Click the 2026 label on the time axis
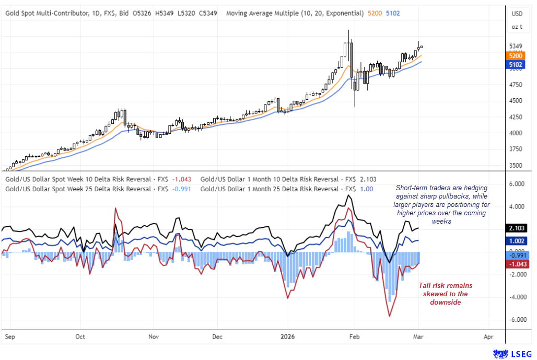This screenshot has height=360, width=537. click(287, 337)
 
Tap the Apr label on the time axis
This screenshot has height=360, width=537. click(489, 337)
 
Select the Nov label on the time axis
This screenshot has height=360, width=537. click(153, 337)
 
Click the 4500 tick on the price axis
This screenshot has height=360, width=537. click(516, 101)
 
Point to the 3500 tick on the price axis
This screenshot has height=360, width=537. click(516, 166)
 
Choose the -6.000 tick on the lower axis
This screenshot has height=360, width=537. click(516, 320)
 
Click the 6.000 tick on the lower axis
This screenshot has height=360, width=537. click(517, 184)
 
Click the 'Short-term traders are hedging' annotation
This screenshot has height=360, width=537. click(441, 204)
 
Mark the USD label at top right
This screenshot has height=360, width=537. click(517, 14)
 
